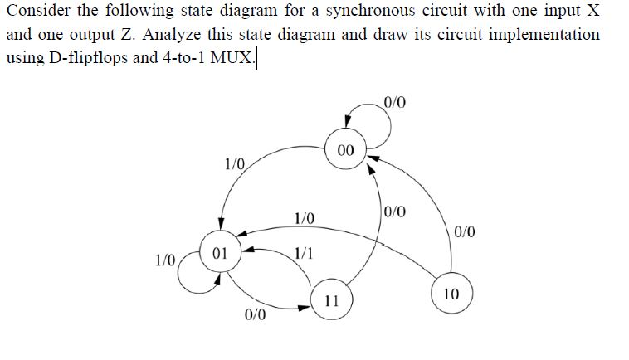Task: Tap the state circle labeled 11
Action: click(330, 301)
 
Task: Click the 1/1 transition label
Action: click(304, 253)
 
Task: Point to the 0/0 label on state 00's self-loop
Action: click(396, 104)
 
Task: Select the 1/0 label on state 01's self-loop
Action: click(167, 260)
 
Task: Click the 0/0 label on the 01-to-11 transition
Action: click(256, 315)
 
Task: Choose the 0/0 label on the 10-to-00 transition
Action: click(466, 231)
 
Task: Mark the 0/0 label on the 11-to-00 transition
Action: click(396, 210)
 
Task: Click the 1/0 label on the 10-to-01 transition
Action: click(304, 220)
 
